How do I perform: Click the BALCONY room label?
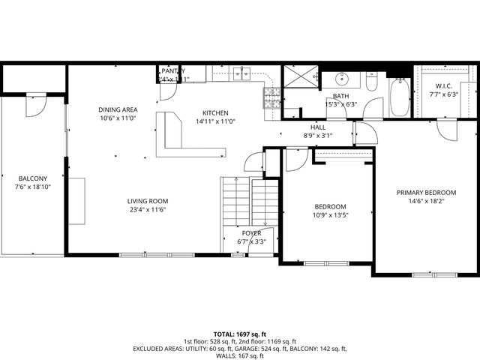click(33, 178)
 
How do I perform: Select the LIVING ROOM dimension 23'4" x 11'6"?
click(147, 211)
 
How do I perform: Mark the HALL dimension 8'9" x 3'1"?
click(318, 136)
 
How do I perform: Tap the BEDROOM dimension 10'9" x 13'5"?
click(330, 216)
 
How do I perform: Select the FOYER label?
click(251, 233)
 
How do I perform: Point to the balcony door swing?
click(35, 108)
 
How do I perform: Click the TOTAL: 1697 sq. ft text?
click(240, 334)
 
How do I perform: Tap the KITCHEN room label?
click(215, 112)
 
